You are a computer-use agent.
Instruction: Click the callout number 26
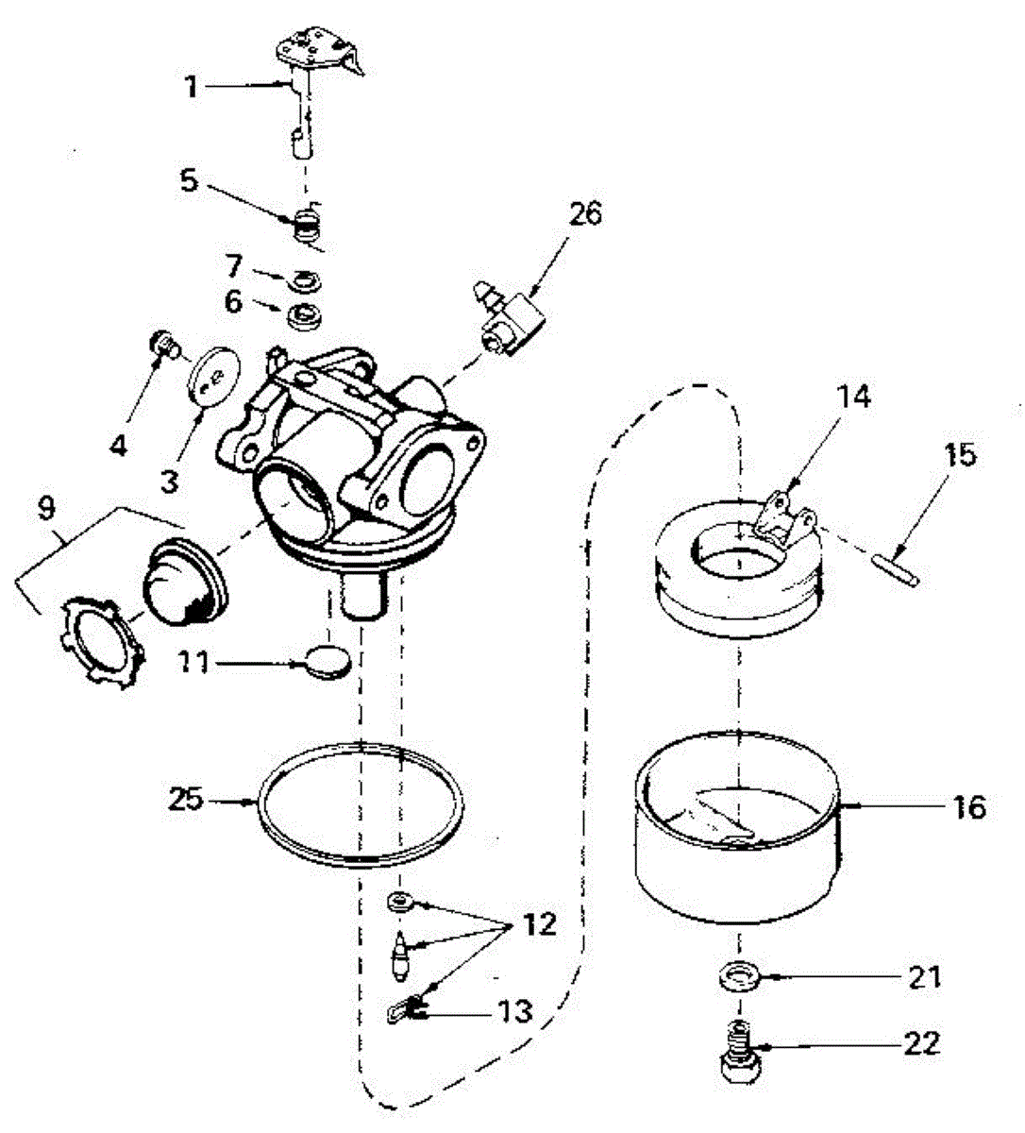(x=585, y=215)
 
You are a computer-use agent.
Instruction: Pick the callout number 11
(x=196, y=663)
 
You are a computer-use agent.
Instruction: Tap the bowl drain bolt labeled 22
(x=741, y=1054)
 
